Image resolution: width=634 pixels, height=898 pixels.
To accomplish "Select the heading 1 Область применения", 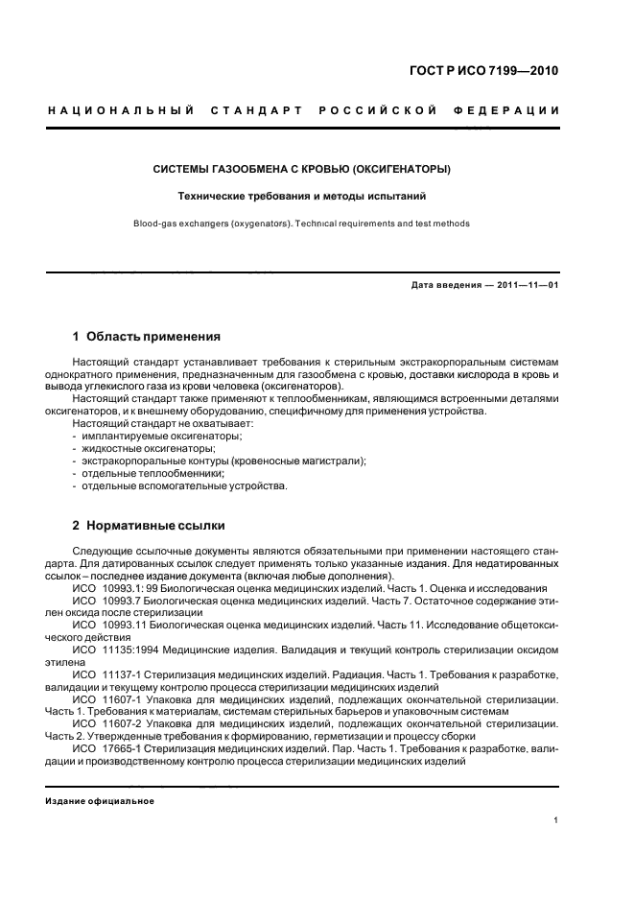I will tap(147, 337).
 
